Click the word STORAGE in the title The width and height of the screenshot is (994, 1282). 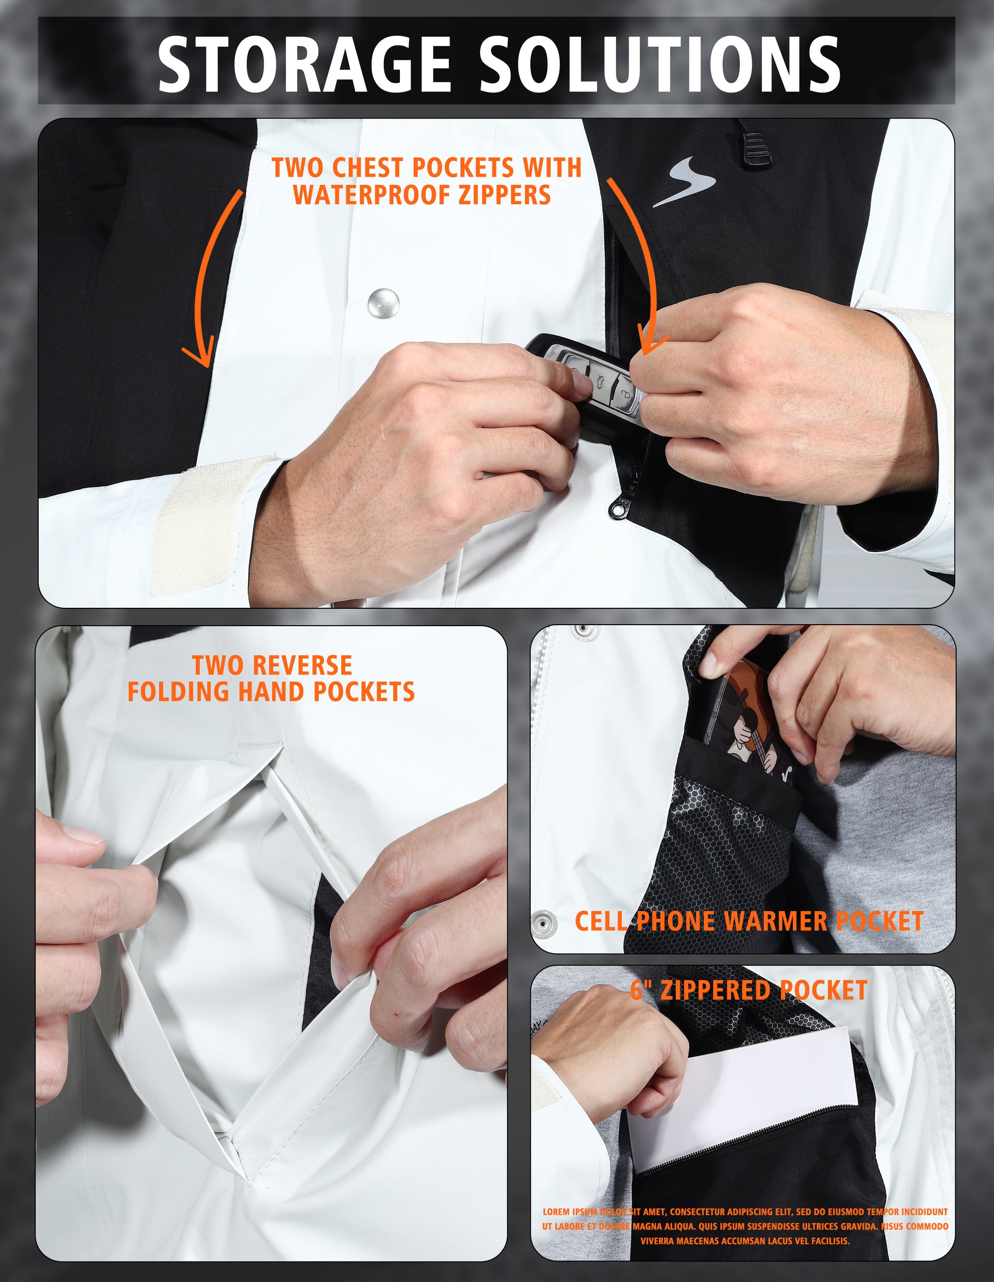(x=304, y=63)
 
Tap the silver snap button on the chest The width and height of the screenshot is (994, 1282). (x=384, y=303)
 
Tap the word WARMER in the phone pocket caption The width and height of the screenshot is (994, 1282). (x=775, y=921)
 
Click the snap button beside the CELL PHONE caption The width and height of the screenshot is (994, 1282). (x=545, y=923)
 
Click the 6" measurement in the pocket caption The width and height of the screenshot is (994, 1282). (x=642, y=990)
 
